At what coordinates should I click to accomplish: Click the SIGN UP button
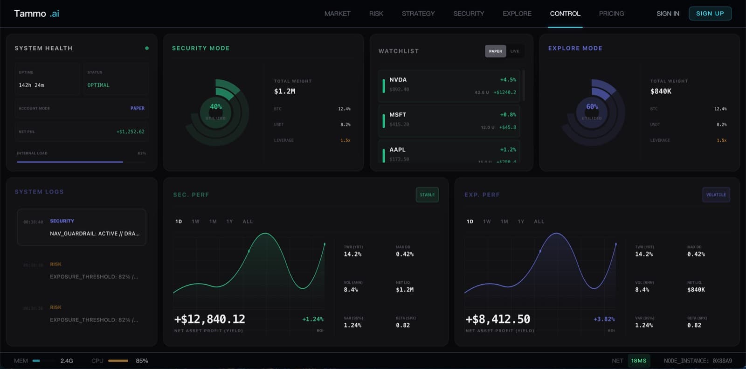pyautogui.click(x=710, y=14)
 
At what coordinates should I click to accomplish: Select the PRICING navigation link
pyautogui.click(x=611, y=14)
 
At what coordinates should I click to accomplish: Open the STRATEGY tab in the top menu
pyautogui.click(x=418, y=14)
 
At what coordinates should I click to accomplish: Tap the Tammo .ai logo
pyautogui.click(x=36, y=14)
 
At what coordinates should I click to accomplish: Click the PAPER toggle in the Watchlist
pyautogui.click(x=495, y=51)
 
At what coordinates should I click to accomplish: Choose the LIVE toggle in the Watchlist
pyautogui.click(x=514, y=51)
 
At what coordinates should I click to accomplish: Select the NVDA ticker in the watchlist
pyautogui.click(x=398, y=80)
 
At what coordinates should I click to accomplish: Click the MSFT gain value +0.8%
pyautogui.click(x=508, y=115)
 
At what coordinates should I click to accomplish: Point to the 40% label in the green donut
pyautogui.click(x=215, y=107)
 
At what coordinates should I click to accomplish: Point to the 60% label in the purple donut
pyautogui.click(x=592, y=107)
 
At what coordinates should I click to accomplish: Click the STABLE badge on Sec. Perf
pyautogui.click(x=427, y=195)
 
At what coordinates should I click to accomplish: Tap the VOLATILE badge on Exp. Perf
pyautogui.click(x=716, y=195)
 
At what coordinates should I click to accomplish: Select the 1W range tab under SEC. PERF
pyautogui.click(x=195, y=222)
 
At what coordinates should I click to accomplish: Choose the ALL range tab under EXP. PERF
pyautogui.click(x=539, y=222)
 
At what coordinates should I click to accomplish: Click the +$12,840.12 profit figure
pyautogui.click(x=209, y=319)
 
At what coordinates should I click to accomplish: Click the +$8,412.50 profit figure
pyautogui.click(x=497, y=319)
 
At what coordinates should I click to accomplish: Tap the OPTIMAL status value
pyautogui.click(x=98, y=85)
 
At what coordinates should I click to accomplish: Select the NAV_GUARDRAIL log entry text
pyautogui.click(x=95, y=234)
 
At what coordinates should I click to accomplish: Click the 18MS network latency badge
pyautogui.click(x=638, y=361)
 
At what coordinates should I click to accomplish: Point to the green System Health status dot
pyautogui.click(x=147, y=48)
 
